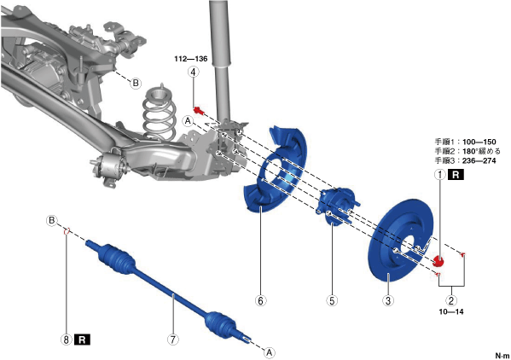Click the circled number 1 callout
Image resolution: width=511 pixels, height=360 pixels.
pyautogui.click(x=440, y=175)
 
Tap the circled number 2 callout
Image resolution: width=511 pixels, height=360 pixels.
pyautogui.click(x=451, y=300)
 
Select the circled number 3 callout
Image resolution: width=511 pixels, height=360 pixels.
pyautogui.click(x=388, y=300)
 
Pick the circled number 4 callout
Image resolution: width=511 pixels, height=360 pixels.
pyautogui.click(x=194, y=72)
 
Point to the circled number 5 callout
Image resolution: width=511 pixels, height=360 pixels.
pyautogui.click(x=332, y=300)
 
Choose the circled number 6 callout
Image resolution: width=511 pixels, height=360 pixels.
pyautogui.click(x=260, y=300)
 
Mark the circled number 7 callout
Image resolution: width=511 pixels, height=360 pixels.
pyautogui.click(x=173, y=340)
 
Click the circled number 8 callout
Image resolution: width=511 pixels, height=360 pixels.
pyautogui.click(x=67, y=340)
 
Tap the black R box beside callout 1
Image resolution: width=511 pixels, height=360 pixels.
pyautogui.click(x=456, y=175)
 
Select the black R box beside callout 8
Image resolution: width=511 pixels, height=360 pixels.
pyautogui.click(x=82, y=340)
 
